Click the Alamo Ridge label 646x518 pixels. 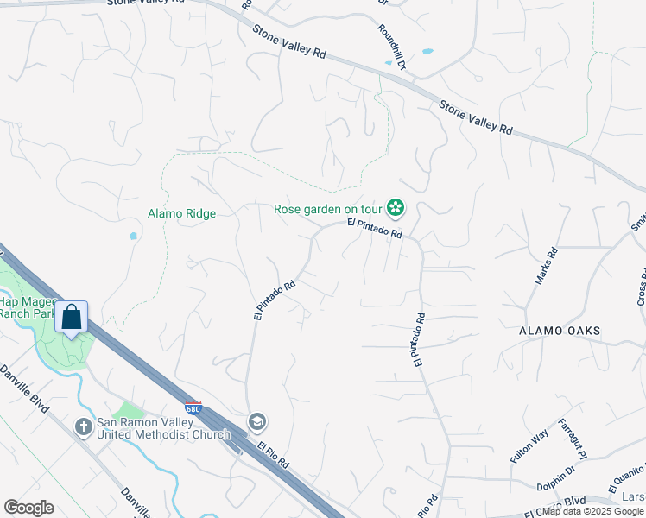click(181, 213)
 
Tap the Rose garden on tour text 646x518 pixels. click(328, 209)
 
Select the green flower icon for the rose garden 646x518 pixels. click(396, 208)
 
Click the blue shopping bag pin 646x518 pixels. click(72, 317)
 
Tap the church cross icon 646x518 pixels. click(83, 426)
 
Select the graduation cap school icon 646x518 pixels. click(257, 422)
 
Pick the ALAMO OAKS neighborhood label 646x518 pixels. click(560, 331)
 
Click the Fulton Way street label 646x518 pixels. click(529, 447)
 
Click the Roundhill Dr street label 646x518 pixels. click(390, 47)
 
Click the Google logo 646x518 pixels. click(28, 508)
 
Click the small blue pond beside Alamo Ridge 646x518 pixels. click(132, 236)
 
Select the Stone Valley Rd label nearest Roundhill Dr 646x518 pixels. click(288, 41)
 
